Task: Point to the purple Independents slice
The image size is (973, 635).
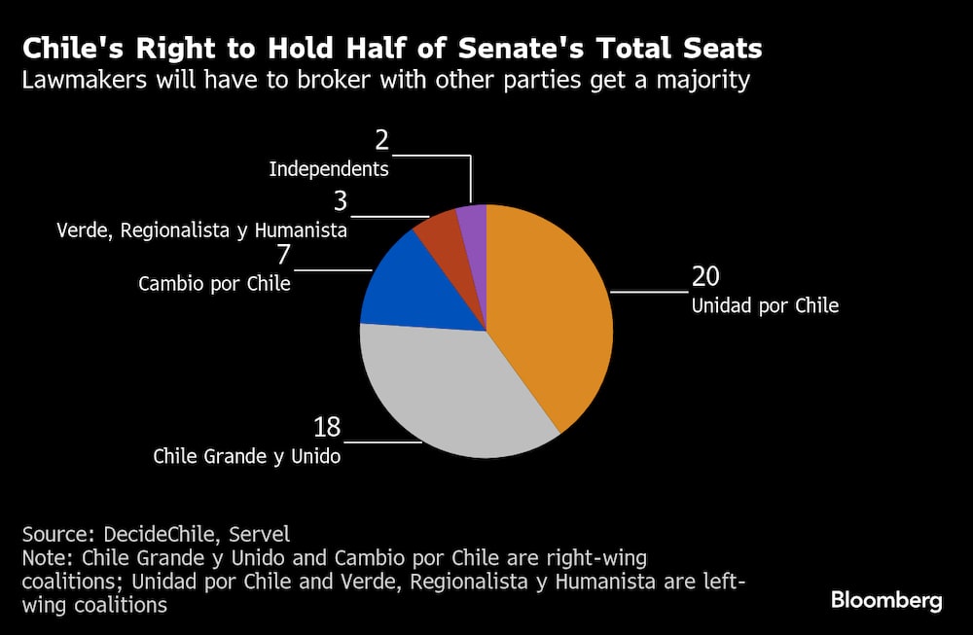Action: (473, 221)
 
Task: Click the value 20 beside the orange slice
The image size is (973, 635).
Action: (705, 277)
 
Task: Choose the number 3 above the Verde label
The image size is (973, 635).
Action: (341, 202)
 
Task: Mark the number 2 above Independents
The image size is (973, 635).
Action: (381, 141)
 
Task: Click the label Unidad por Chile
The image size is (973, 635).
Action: (765, 305)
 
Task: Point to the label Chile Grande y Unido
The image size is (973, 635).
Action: (247, 456)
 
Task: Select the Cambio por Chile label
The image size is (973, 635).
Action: (214, 285)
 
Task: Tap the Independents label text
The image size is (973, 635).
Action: (329, 169)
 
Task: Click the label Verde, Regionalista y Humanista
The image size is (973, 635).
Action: (201, 230)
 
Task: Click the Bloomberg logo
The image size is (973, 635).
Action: (886, 600)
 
